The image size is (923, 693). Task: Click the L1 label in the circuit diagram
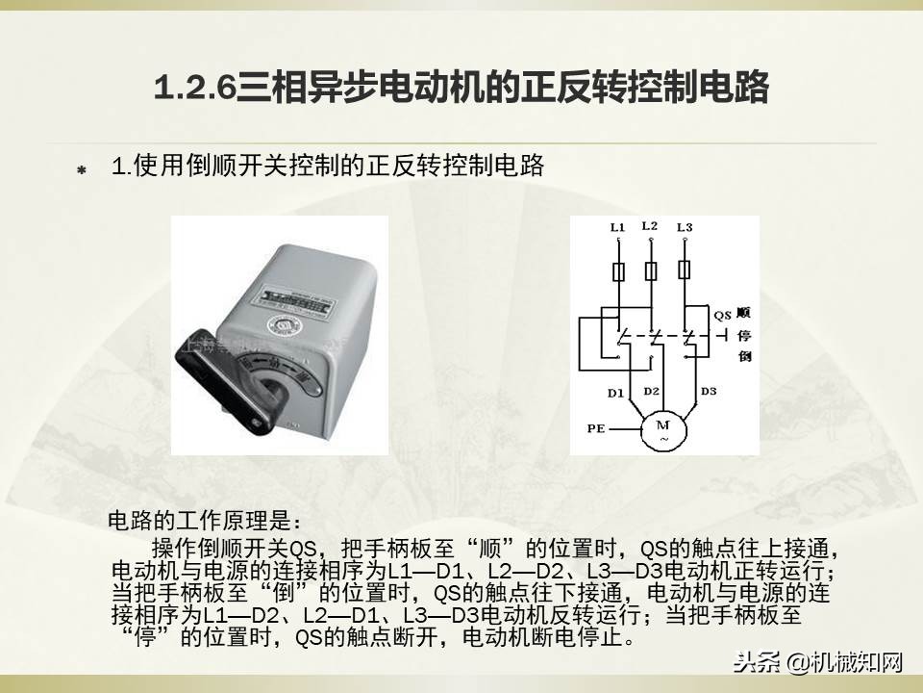pyautogui.click(x=617, y=228)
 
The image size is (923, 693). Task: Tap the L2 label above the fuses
pyautogui.click(x=649, y=226)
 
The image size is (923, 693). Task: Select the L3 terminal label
pyautogui.click(x=684, y=228)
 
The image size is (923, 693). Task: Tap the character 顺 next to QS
pyautogui.click(x=743, y=314)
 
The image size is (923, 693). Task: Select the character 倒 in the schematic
pyautogui.click(x=743, y=357)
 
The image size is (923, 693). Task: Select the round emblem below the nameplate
pyautogui.click(x=285, y=326)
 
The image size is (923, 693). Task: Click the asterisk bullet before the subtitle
pyautogui.click(x=82, y=170)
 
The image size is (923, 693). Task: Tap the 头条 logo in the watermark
pyautogui.click(x=756, y=661)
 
